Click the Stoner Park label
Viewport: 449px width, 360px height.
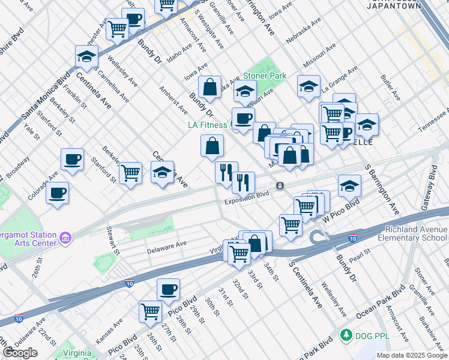(264, 76)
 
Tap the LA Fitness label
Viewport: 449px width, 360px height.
(206, 125)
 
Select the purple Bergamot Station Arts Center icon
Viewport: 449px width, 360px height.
(66, 239)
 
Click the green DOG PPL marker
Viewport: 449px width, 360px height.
(345, 334)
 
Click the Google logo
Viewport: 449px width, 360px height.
(20, 353)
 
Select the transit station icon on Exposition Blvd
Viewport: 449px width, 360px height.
(280, 186)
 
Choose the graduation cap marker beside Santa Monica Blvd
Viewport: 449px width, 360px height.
(87, 57)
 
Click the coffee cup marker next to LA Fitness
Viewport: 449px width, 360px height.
(243, 118)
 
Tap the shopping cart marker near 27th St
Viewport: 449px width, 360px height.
(150, 311)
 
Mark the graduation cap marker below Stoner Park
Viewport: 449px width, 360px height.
(245, 92)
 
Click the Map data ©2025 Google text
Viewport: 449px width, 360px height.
(412, 355)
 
